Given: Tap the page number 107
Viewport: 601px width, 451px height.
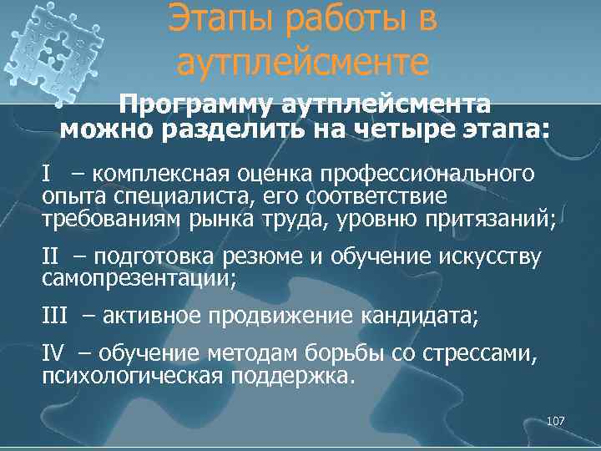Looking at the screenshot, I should click(x=555, y=422).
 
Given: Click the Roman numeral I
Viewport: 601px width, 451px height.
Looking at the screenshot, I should click(x=47, y=174).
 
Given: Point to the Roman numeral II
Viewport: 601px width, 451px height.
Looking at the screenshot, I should click(x=51, y=255).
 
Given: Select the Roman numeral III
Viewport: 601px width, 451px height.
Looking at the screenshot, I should click(x=55, y=315).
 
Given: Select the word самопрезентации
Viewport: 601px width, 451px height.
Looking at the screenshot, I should click(x=139, y=276).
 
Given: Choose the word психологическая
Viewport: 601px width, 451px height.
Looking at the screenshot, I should click(x=132, y=376).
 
